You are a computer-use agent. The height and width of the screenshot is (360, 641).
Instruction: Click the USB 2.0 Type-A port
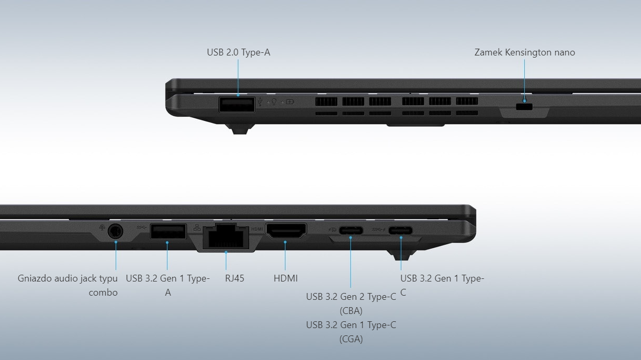tap(237, 105)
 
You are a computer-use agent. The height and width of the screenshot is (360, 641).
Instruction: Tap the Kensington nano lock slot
tap(524, 107)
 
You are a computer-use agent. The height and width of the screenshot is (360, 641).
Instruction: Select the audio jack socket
tap(115, 231)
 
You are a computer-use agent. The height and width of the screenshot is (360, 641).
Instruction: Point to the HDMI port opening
tap(286, 231)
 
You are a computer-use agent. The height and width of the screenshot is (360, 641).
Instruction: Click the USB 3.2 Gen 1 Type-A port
tap(168, 231)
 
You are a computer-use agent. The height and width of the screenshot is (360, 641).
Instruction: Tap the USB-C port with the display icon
tap(351, 230)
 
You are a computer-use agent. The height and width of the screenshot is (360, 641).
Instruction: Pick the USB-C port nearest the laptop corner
tap(401, 230)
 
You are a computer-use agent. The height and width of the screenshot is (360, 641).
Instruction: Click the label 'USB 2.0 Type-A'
tap(239, 52)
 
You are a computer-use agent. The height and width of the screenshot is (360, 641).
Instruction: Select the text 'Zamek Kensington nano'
tap(524, 52)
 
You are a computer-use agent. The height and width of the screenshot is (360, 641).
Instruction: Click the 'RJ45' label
tap(234, 278)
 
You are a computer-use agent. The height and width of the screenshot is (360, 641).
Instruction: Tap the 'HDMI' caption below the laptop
tap(286, 278)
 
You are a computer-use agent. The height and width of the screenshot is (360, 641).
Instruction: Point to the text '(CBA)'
tap(351, 311)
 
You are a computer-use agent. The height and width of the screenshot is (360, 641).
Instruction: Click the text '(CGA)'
tap(351, 339)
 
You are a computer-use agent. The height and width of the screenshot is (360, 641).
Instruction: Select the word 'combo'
tap(103, 292)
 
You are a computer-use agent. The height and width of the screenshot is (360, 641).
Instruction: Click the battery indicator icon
tap(289, 102)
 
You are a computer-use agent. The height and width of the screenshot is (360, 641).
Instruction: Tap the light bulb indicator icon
tap(274, 102)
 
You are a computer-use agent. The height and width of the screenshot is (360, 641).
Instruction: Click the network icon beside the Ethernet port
tap(197, 228)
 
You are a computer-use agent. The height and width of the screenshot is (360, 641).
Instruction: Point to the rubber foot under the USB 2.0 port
tap(240, 129)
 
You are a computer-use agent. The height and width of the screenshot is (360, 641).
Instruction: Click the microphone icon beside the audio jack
tap(102, 228)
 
